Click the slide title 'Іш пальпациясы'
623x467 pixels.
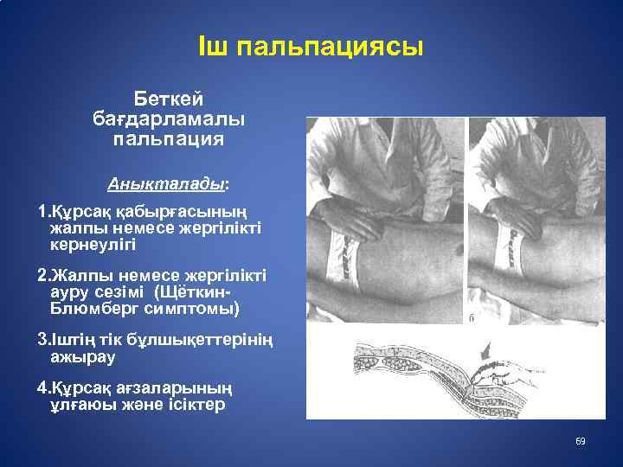(x=311, y=47)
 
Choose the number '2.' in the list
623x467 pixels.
(x=44, y=276)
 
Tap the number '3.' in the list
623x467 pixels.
(x=44, y=340)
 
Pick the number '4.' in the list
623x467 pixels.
(x=44, y=388)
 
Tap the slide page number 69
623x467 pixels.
(x=581, y=442)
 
